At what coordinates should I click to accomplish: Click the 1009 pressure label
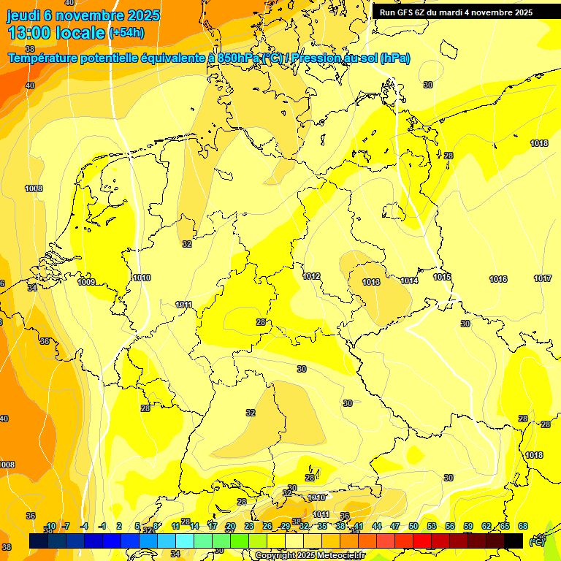pyautogui.click(x=86, y=282)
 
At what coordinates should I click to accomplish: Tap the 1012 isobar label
pyautogui.click(x=312, y=276)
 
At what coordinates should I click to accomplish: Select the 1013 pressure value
pyautogui.click(x=371, y=282)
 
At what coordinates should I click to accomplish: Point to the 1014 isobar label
pyautogui.click(x=409, y=280)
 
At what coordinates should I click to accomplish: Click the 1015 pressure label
pyautogui.click(x=442, y=277)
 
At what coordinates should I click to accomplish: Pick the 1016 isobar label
pyautogui.click(x=498, y=279)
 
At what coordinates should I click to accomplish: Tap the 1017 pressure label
pyautogui.click(x=543, y=278)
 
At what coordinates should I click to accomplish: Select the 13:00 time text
pyautogui.click(x=30, y=33)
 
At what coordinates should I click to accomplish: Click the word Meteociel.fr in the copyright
pyautogui.click(x=338, y=556)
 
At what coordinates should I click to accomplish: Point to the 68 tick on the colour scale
pyautogui.click(x=523, y=526)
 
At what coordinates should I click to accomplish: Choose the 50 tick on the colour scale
pyautogui.click(x=413, y=526)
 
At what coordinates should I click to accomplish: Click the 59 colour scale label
pyautogui.click(x=468, y=526)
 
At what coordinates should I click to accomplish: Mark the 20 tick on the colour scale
pyautogui.click(x=230, y=526)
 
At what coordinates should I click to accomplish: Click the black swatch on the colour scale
pyautogui.click(x=514, y=541)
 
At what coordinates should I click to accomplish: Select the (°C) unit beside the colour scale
pyautogui.click(x=536, y=541)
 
